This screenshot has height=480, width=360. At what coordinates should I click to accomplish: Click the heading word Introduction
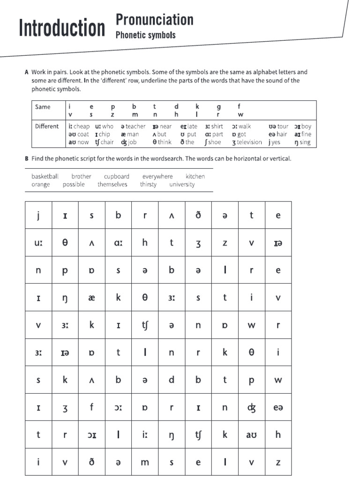(62, 29)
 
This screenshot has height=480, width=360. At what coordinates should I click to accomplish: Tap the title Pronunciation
(154, 20)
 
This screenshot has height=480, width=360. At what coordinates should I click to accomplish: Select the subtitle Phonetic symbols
(145, 35)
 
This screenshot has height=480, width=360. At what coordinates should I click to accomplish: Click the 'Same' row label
(43, 106)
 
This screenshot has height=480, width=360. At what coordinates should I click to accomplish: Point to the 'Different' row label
(47, 126)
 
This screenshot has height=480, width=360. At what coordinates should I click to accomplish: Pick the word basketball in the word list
(45, 176)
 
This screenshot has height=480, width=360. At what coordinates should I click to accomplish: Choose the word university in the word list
(182, 184)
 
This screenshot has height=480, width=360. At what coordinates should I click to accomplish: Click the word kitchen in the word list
(195, 176)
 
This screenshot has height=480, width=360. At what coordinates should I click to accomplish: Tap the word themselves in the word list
(112, 184)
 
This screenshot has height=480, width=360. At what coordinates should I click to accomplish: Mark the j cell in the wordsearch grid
(38, 215)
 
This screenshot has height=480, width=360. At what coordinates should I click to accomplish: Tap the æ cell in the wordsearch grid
(92, 297)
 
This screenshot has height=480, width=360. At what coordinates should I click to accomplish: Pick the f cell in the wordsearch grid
(92, 407)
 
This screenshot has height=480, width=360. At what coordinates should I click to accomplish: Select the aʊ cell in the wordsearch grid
(251, 435)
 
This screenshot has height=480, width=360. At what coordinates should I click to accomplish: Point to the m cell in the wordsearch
(145, 462)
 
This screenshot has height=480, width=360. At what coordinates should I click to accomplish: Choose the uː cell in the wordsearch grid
(38, 243)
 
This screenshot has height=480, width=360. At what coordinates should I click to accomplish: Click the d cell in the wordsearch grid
(172, 380)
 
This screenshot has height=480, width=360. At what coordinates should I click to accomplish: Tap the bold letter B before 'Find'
(27, 158)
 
